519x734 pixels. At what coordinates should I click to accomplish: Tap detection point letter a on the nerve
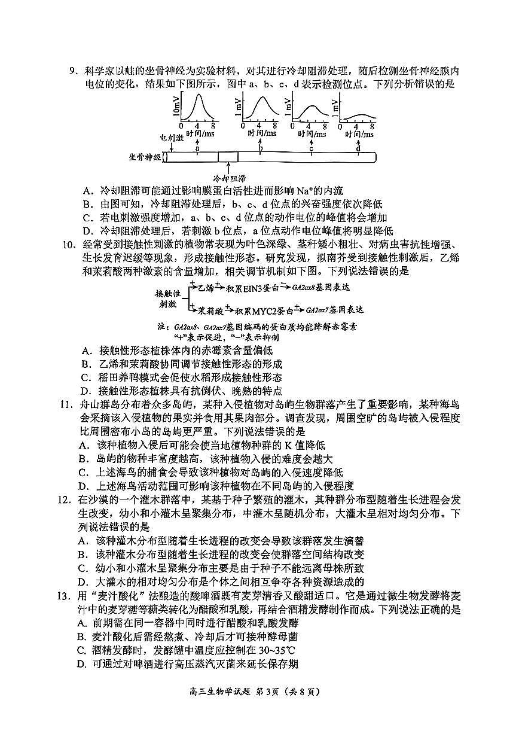[198, 148]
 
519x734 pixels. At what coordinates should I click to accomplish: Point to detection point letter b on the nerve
[261, 148]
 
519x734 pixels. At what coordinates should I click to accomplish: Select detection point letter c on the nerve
[311, 148]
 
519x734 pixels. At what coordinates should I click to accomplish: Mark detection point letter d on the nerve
[358, 148]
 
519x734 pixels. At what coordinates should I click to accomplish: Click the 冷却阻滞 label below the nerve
[229, 178]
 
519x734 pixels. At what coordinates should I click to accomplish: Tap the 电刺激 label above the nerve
[171, 138]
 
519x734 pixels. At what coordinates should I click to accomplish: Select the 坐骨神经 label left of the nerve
[145, 157]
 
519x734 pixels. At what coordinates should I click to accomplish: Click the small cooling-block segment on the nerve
[228, 157]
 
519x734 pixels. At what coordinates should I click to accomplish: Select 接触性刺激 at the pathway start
[168, 299]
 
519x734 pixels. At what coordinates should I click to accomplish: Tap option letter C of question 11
[87, 473]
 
